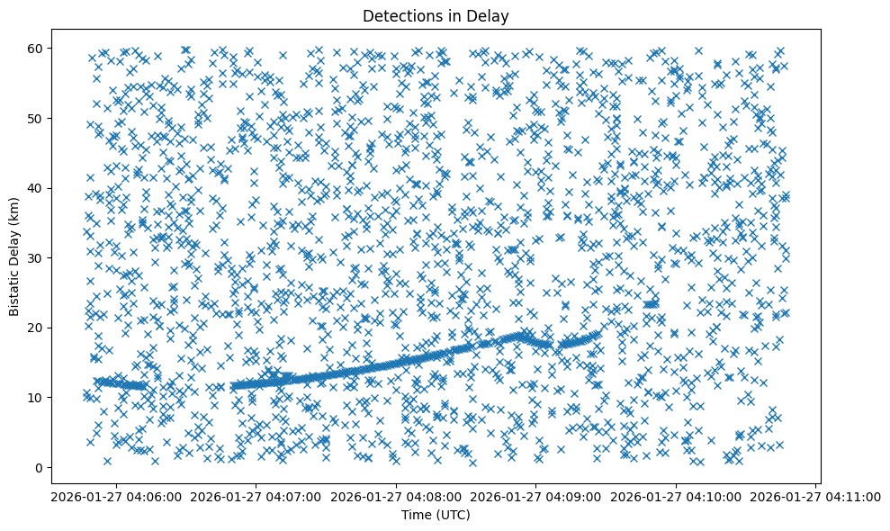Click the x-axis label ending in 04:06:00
(117, 496)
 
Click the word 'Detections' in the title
(396, 15)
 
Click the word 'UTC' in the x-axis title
(455, 515)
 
